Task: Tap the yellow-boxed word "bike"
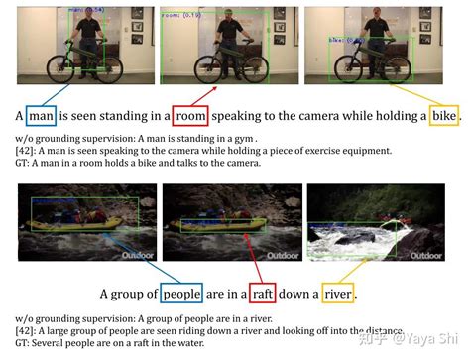coord(443,115)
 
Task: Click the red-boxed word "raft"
coord(264,294)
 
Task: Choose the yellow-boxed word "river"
coord(337,294)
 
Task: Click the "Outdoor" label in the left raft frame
coord(138,255)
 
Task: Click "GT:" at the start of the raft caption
coord(26,342)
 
